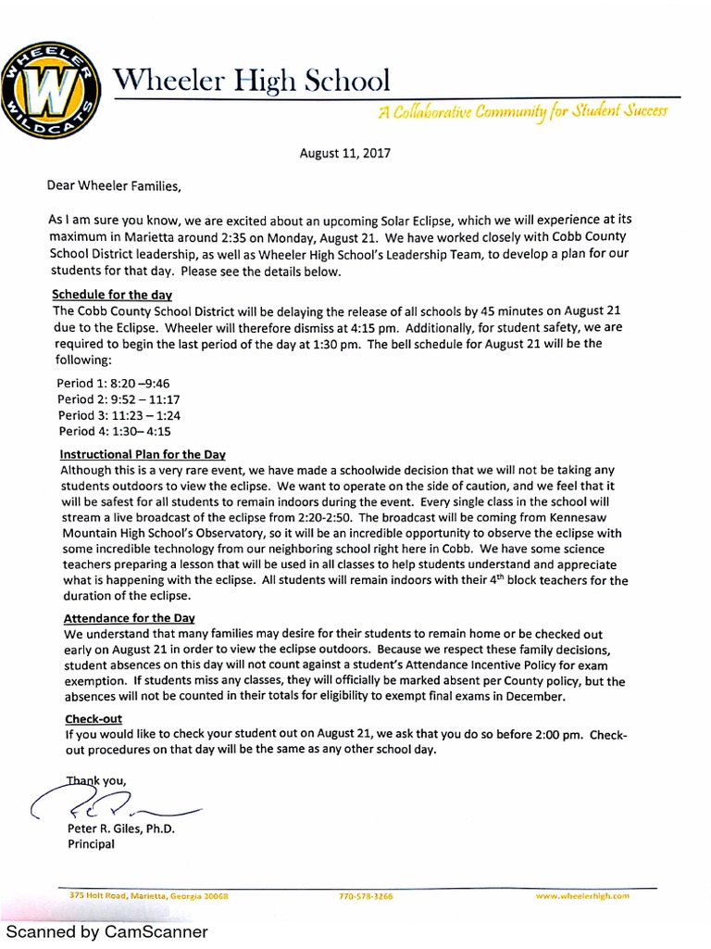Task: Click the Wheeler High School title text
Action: (249, 81)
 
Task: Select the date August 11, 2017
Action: (345, 154)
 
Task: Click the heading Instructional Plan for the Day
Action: (143, 455)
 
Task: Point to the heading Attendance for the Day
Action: (129, 618)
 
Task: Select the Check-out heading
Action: (94, 718)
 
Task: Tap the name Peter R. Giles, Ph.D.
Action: (120, 829)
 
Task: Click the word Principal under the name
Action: (91, 844)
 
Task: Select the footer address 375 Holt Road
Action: (148, 896)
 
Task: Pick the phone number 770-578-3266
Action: (367, 896)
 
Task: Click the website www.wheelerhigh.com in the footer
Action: (582, 896)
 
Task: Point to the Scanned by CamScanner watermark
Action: (107, 931)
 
